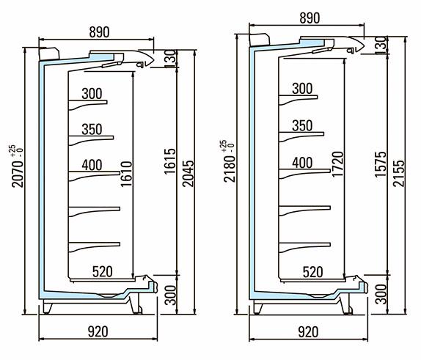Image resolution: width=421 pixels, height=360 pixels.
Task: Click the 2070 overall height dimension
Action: pos(18,174)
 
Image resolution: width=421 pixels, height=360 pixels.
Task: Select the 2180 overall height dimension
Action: pos(230,169)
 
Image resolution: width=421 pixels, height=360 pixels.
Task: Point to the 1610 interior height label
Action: pos(126,174)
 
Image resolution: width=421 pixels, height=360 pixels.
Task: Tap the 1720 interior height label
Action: pos(337,164)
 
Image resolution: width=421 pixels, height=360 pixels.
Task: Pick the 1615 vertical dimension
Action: pos(170,161)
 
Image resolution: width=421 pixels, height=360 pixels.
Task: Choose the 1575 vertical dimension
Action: pos(381,164)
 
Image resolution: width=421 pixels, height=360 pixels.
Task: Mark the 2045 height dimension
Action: pos(188,174)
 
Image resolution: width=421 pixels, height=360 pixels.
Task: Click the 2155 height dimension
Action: pos(398,173)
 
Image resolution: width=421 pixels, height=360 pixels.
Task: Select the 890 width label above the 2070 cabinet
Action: pos(99,32)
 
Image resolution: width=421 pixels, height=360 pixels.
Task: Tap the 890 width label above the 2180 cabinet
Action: pos(310,18)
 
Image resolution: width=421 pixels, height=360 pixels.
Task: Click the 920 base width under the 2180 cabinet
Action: pos(308,332)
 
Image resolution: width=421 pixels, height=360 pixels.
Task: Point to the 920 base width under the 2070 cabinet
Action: pos(98,332)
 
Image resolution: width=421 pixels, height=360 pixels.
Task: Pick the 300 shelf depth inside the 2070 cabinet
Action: pos(92,94)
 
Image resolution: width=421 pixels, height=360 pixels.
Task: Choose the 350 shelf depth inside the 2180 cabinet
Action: pos(302,125)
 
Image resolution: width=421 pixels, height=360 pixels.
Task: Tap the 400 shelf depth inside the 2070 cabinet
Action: pos(92,165)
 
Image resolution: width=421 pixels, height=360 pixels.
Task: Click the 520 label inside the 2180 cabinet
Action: pos(312,272)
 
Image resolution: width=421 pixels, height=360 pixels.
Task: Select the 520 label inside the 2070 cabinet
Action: pos(102,272)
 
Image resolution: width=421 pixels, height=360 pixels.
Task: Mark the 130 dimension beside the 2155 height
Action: pos(381,45)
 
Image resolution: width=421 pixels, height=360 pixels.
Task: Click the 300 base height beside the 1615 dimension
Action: pos(170,295)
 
